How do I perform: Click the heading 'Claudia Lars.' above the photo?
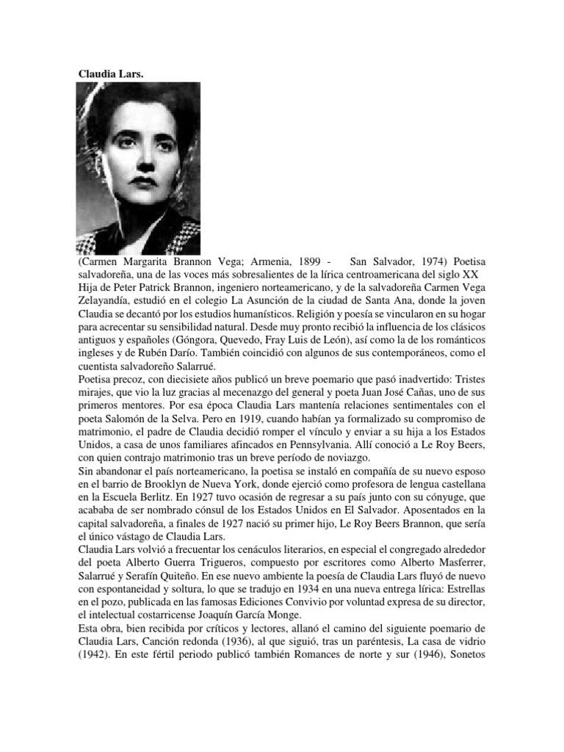tap(111, 74)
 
